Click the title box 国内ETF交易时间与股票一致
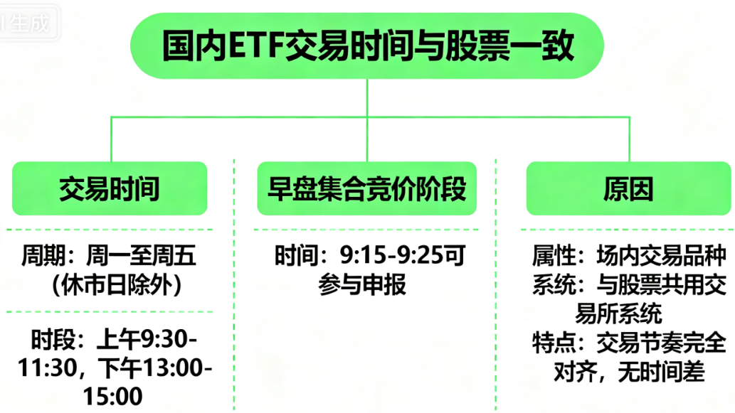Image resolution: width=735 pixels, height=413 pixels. [366, 45]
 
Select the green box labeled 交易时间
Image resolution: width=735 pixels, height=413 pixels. [110, 189]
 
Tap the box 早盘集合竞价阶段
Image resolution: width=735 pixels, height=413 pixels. [366, 189]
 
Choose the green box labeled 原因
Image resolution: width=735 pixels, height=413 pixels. [629, 189]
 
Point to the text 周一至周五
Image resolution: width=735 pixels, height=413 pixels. [141, 255]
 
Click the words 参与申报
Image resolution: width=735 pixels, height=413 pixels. [363, 285]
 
